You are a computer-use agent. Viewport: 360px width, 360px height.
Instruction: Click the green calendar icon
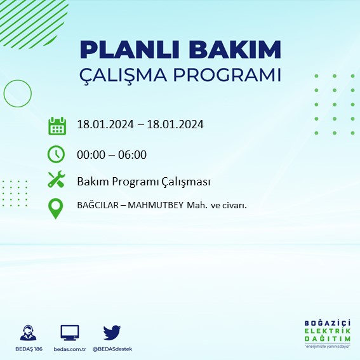point(57,125)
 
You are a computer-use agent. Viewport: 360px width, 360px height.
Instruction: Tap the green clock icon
point(57,154)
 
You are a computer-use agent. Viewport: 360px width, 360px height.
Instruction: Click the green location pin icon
point(57,208)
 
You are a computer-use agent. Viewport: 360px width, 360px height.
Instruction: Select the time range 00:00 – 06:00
point(112,154)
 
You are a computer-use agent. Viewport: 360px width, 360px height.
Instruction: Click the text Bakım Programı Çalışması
point(143,182)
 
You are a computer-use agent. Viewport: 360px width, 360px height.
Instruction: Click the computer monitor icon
point(69,333)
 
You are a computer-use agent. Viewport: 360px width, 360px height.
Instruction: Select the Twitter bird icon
point(112,332)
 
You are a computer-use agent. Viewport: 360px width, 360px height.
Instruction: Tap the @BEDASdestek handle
point(113,349)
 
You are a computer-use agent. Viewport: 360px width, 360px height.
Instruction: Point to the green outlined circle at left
point(17,93)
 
